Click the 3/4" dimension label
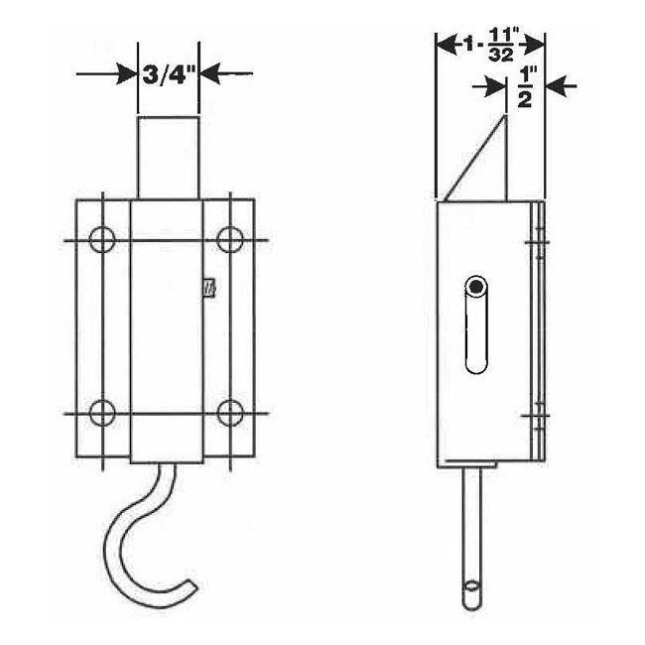[x=168, y=72]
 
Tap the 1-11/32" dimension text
[x=490, y=45]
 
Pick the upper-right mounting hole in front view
[x=230, y=239]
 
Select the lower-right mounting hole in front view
[x=230, y=411]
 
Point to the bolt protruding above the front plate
[x=167, y=159]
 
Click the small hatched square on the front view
[x=208, y=288]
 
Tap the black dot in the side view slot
[x=478, y=288]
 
